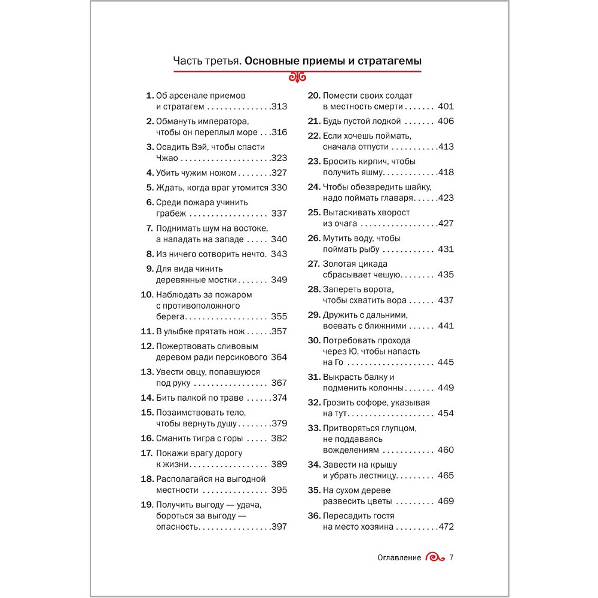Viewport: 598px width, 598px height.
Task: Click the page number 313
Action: (279, 106)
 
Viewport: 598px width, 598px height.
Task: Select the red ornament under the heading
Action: (297, 77)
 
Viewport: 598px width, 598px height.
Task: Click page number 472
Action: (446, 527)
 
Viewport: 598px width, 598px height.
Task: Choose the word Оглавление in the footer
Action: (399, 557)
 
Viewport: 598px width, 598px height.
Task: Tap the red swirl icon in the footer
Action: (435, 557)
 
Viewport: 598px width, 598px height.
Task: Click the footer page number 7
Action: (451, 557)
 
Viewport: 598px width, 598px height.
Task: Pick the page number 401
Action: (446, 106)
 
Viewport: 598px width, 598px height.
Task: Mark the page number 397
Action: (279, 527)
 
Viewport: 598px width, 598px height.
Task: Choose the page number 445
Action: (446, 362)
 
